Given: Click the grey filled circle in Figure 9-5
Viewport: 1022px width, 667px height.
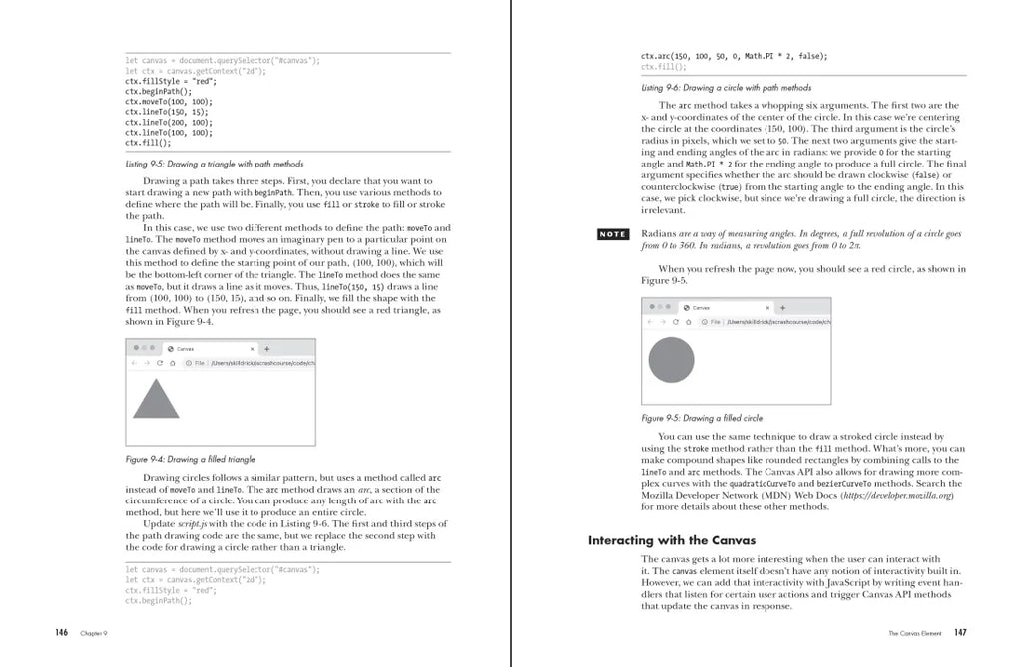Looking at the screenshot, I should point(671,361).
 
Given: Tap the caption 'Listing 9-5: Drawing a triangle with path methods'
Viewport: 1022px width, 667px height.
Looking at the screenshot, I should point(214,164).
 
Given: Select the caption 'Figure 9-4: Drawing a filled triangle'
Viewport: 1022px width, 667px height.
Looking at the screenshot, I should point(190,459).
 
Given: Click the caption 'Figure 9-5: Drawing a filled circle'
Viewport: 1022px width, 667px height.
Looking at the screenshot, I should point(702,418).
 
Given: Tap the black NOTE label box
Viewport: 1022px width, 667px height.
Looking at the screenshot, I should point(612,234).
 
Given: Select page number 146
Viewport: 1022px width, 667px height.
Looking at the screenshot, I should point(62,632).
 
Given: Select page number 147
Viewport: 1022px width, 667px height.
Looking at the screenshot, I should point(960,632).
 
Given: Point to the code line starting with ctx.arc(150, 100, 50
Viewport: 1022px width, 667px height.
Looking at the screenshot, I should point(734,56).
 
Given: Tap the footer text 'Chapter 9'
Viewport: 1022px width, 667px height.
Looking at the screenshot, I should point(95,633).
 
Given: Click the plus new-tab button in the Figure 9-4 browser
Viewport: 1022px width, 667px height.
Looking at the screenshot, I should point(266,349).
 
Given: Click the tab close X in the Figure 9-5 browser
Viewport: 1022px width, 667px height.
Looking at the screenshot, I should point(767,308).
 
